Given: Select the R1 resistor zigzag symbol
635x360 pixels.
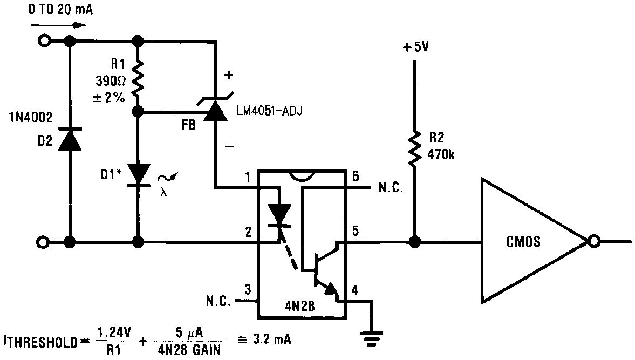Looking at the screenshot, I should (138, 77).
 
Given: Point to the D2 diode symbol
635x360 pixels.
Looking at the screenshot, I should (70, 140).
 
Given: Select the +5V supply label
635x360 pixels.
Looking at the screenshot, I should (415, 47).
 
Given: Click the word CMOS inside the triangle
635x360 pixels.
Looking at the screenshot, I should (521, 242).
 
